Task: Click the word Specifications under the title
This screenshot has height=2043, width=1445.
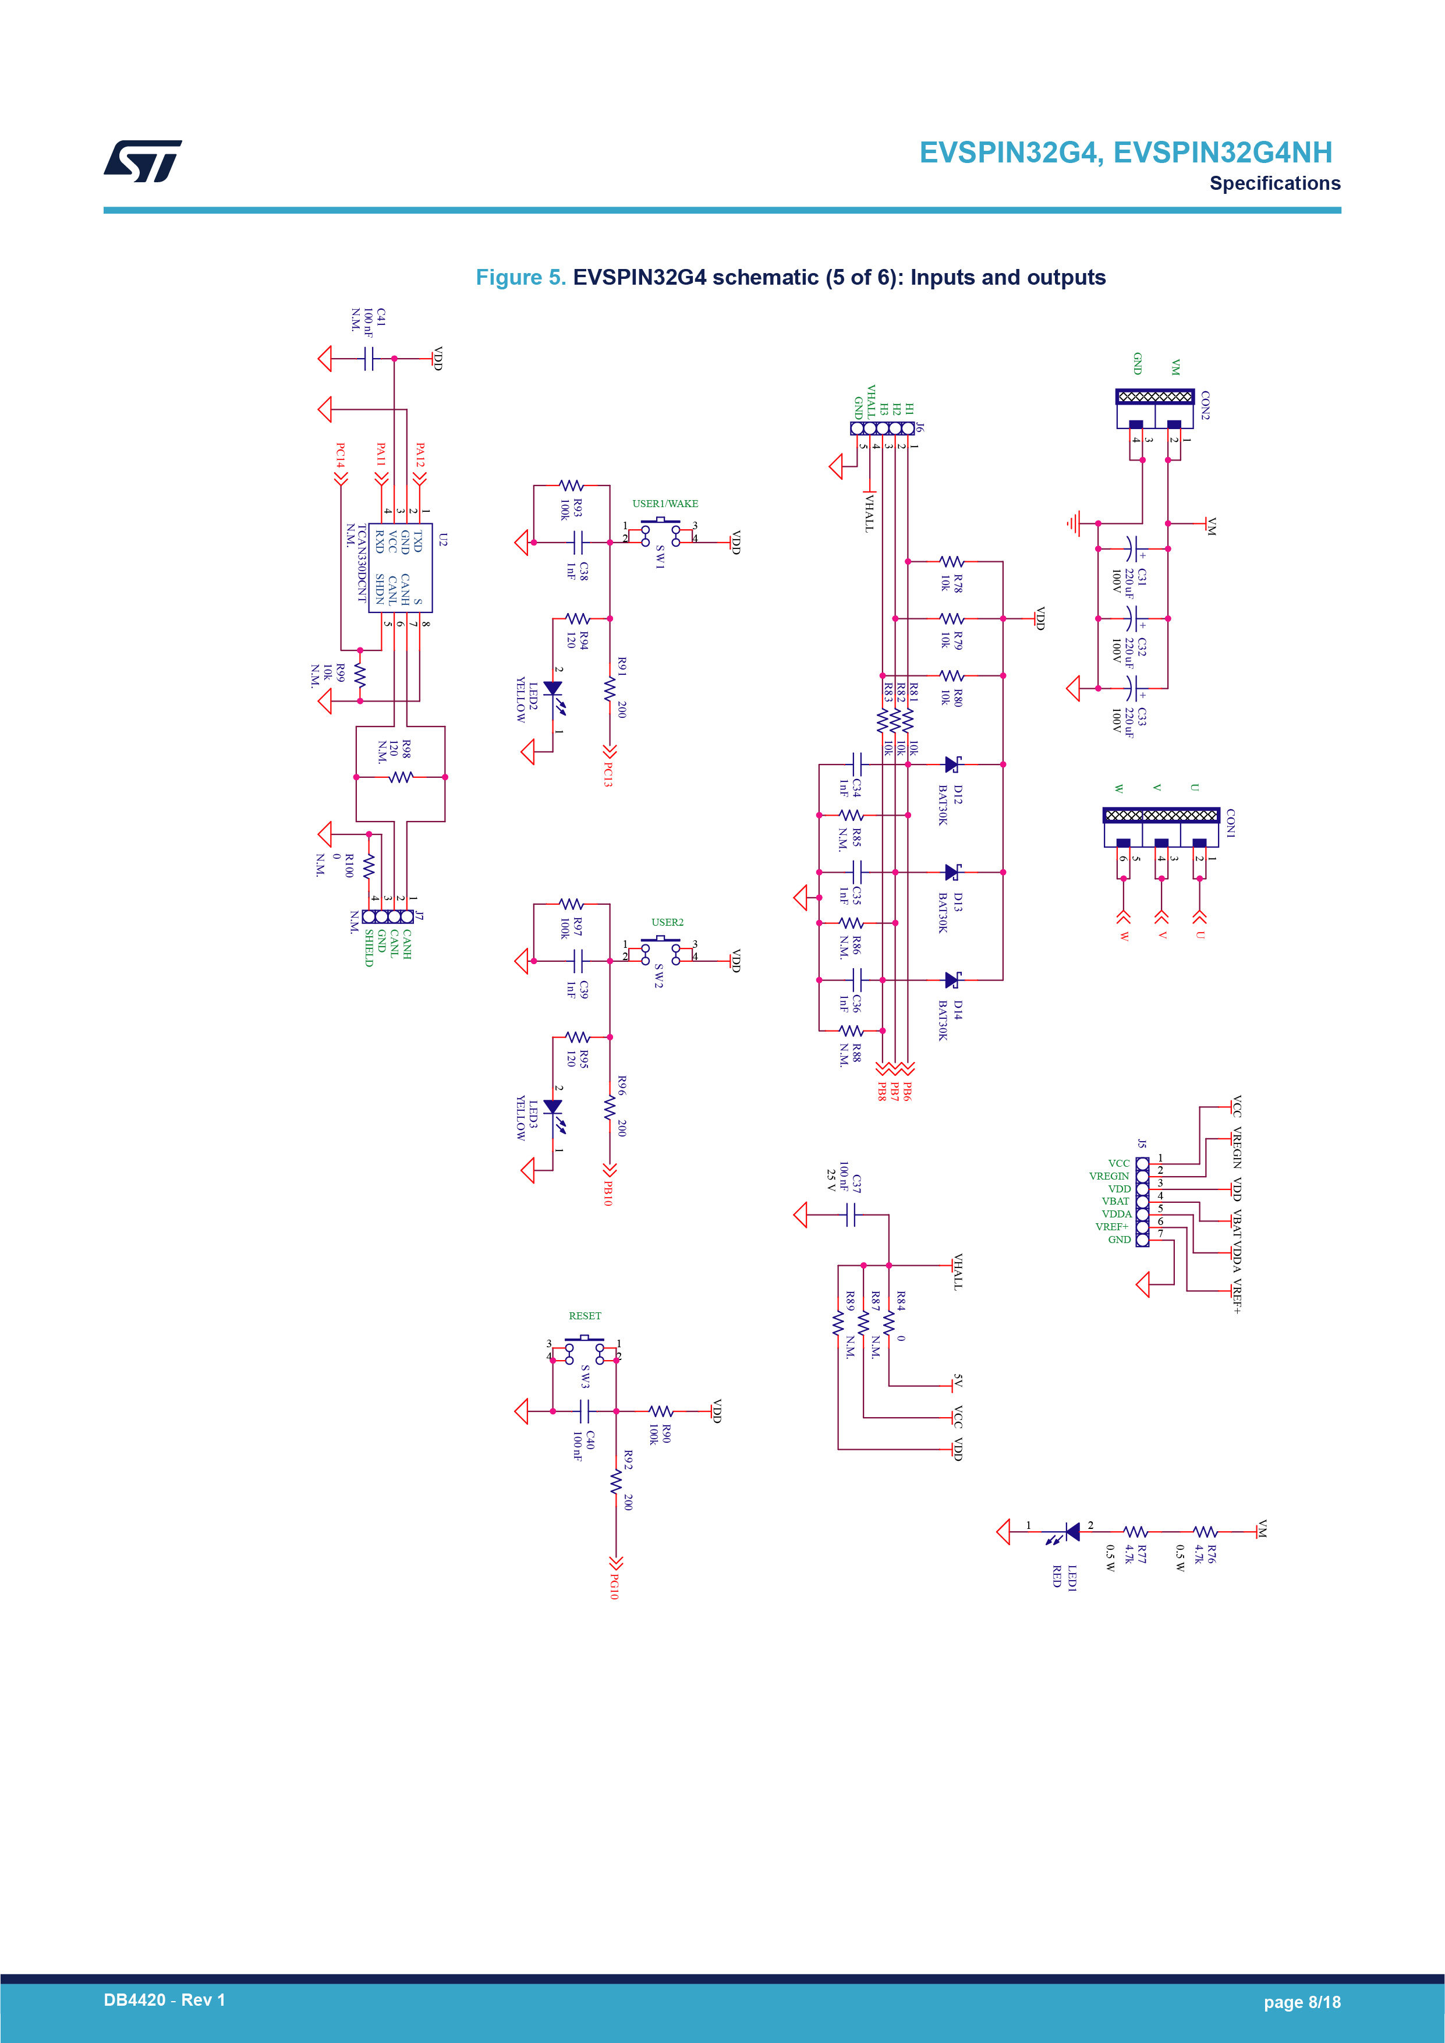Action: pyautogui.click(x=1274, y=183)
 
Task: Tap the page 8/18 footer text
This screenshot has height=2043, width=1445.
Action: pyautogui.click(x=1302, y=2002)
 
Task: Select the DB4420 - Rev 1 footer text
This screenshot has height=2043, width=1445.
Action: pyautogui.click(x=165, y=2000)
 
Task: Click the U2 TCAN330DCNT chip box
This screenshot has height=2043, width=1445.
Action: pyautogui.click(x=401, y=568)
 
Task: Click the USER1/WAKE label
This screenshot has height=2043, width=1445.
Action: pyautogui.click(x=665, y=504)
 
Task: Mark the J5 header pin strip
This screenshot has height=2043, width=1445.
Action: pyautogui.click(x=1142, y=1201)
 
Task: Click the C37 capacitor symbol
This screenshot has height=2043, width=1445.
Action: pyautogui.click(x=851, y=1215)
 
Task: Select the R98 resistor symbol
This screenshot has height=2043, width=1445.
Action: pyautogui.click(x=401, y=777)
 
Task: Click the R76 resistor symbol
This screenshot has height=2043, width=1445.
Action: pyautogui.click(x=1206, y=1531)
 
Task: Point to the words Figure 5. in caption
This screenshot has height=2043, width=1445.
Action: pyautogui.click(x=520, y=278)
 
